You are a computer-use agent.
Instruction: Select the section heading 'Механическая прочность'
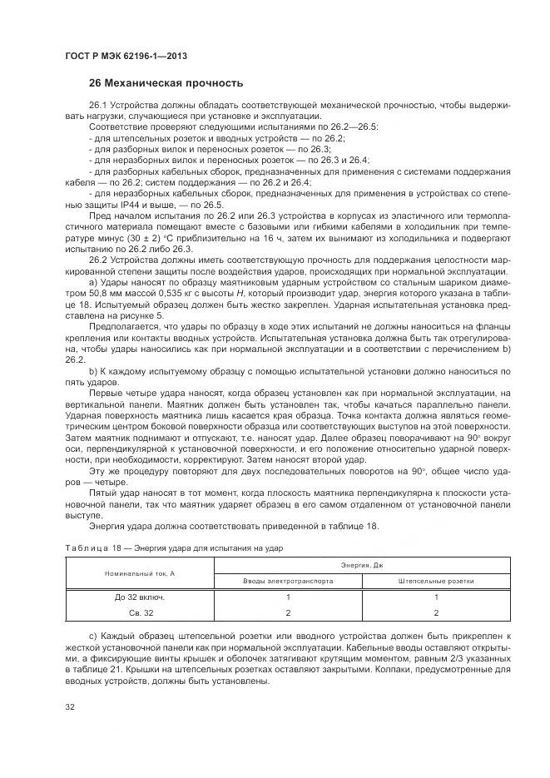pos(166,83)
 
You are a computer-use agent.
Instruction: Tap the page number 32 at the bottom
pos(70,706)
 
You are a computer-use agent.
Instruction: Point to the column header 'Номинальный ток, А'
pos(140,573)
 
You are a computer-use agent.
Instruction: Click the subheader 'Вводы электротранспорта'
pos(288,581)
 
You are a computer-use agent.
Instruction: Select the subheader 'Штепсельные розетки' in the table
pos(436,581)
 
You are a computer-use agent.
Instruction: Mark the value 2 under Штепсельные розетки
pos(436,612)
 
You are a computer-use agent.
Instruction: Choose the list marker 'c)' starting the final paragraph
pos(92,636)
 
